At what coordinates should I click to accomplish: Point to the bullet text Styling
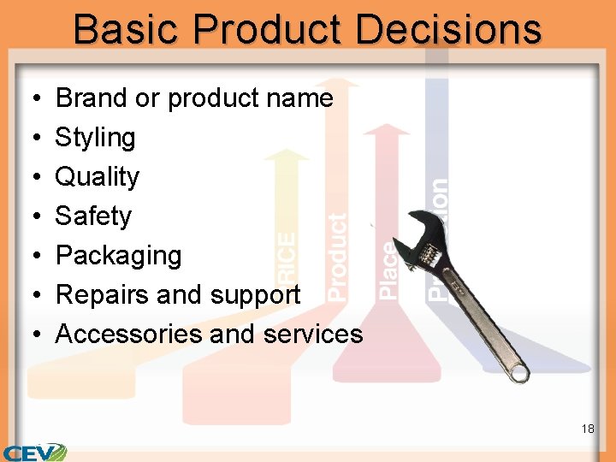click(95, 138)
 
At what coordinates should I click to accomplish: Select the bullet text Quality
click(97, 177)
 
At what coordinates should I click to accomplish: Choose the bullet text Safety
click(93, 216)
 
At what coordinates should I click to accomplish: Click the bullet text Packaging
click(118, 256)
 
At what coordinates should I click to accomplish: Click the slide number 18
click(587, 429)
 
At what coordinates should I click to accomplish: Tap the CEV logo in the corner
click(34, 452)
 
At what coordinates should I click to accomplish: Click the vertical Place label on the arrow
click(388, 270)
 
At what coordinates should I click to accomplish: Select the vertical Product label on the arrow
click(338, 257)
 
